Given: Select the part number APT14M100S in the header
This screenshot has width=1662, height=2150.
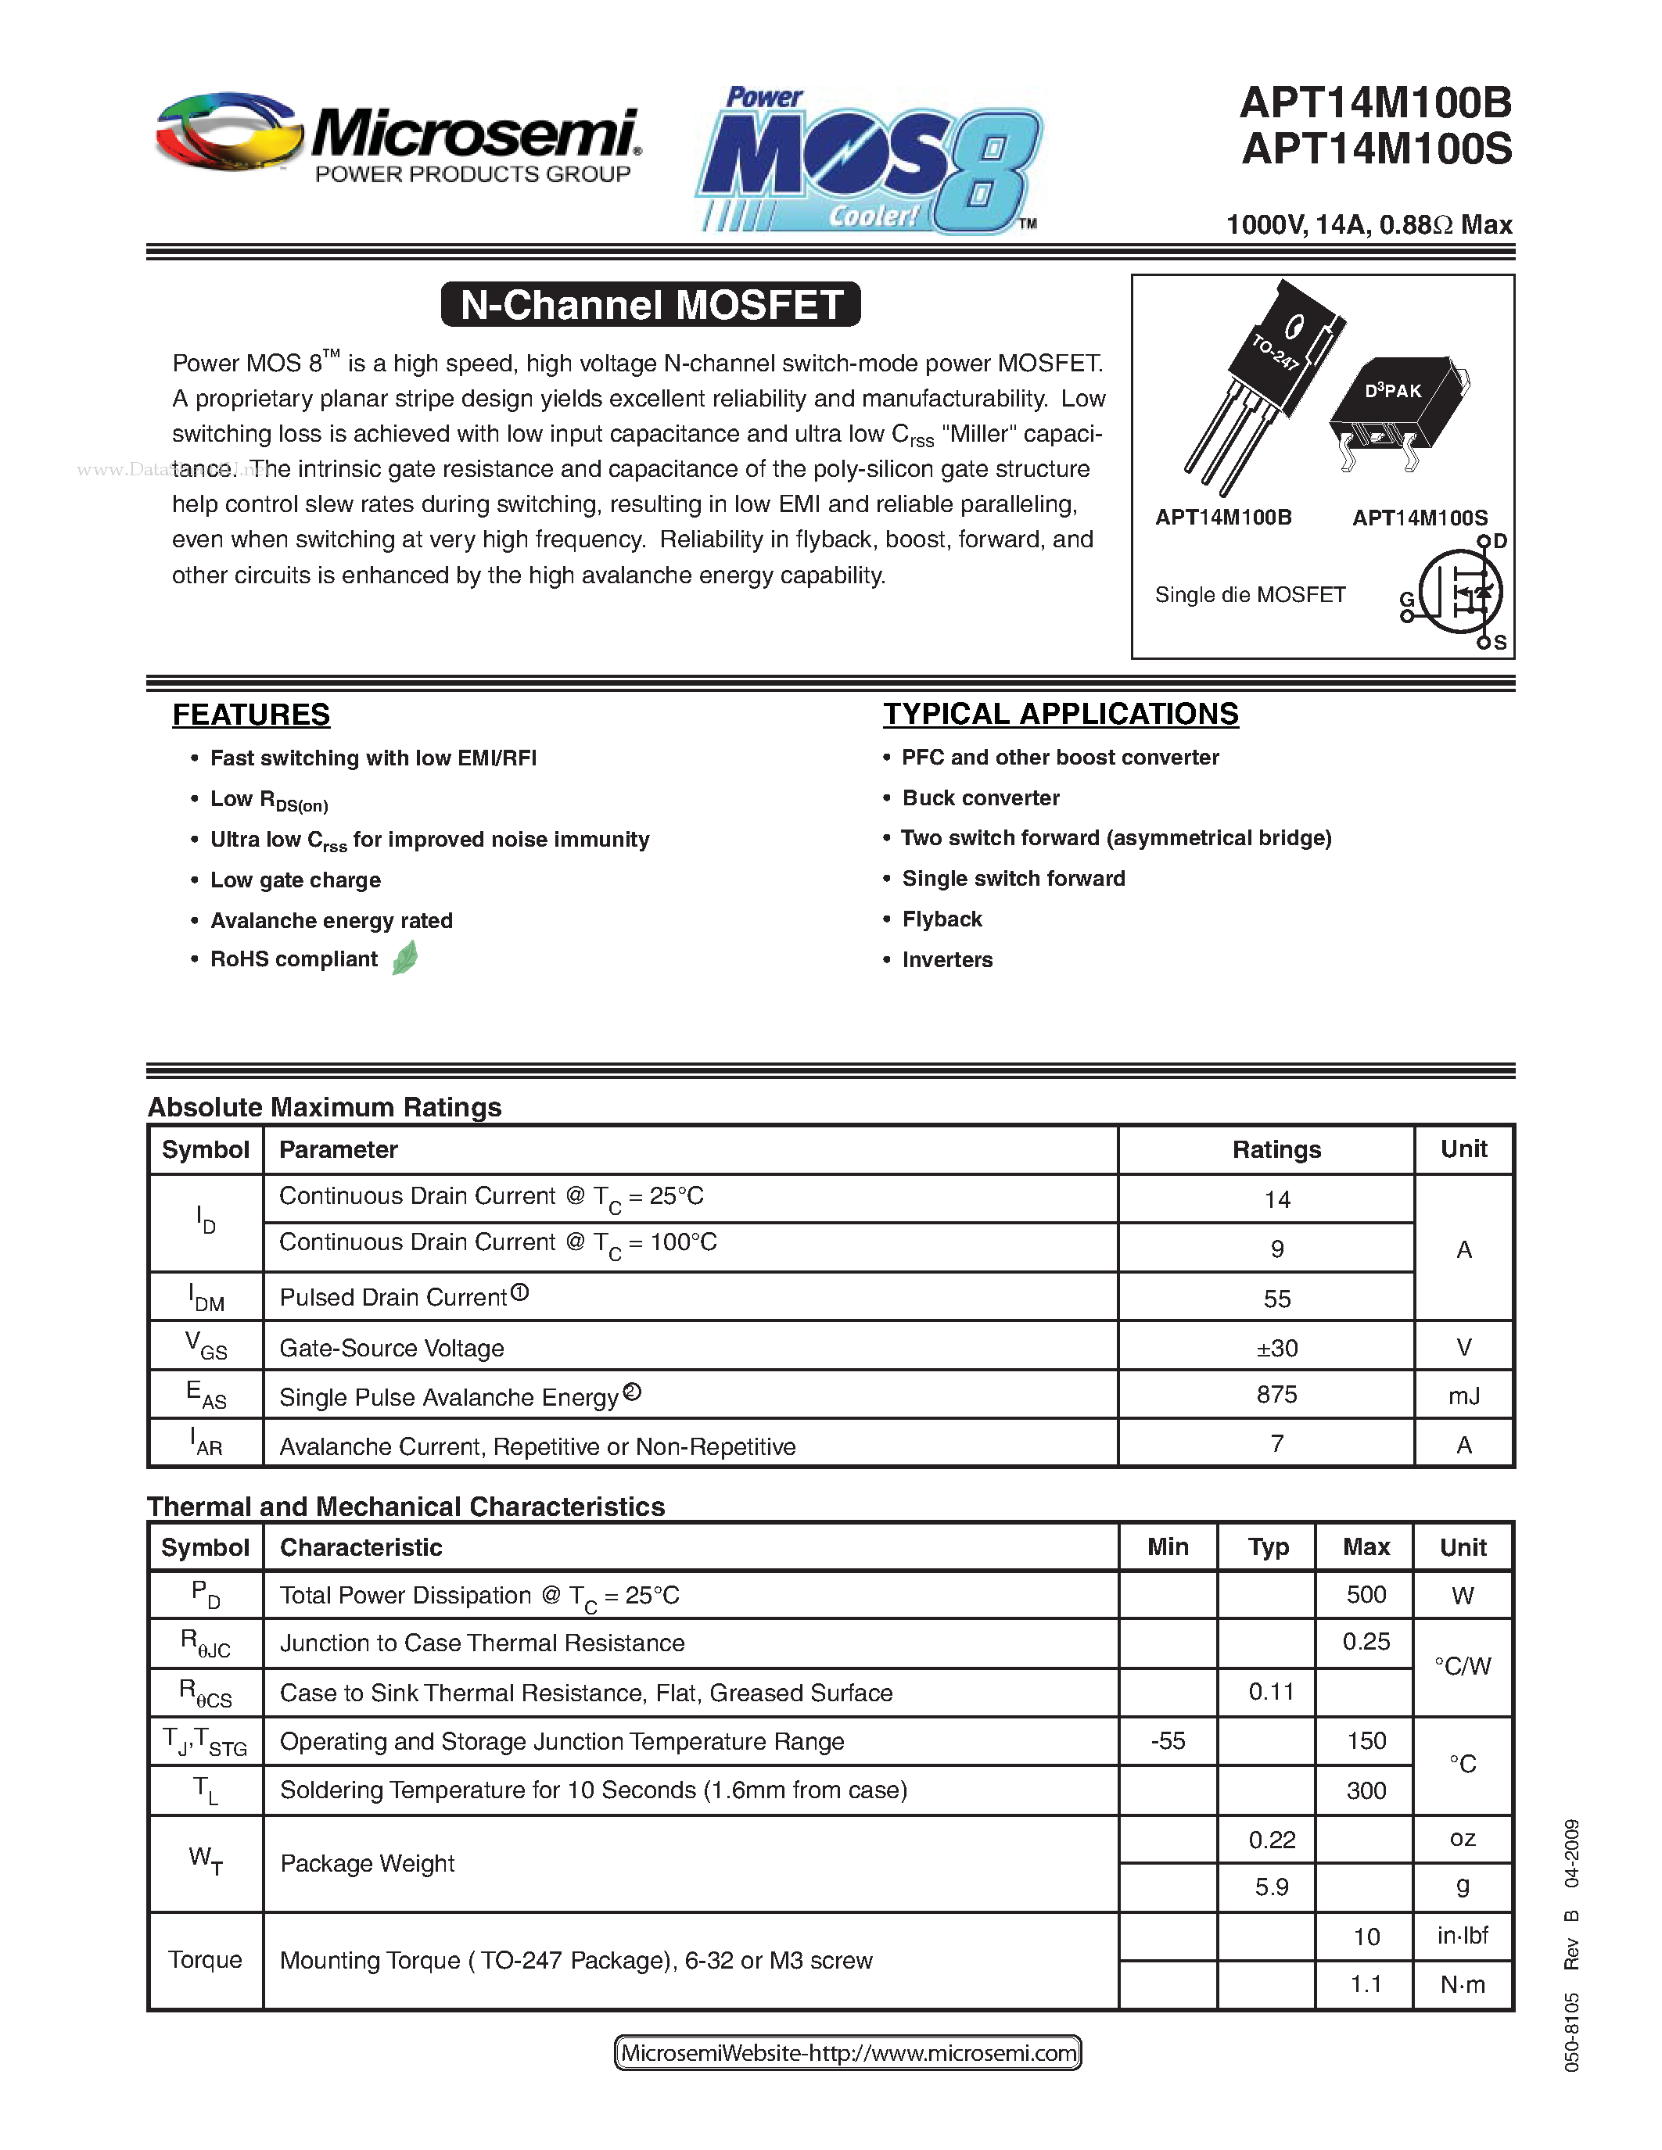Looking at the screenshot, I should point(1377,149).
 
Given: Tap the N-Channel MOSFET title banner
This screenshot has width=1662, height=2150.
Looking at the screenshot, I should point(651,304).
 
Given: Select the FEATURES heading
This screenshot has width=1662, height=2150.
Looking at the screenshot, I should point(251,715).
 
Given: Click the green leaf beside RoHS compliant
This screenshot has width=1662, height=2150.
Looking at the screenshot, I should point(404,958).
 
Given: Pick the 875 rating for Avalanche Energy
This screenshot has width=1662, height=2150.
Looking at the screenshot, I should point(1276,1395).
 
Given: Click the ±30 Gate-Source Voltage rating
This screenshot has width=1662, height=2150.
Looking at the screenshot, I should point(1276,1348).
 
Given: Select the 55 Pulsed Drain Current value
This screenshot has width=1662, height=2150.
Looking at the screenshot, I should point(1276,1299).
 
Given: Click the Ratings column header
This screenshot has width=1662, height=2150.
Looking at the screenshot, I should point(1276,1150).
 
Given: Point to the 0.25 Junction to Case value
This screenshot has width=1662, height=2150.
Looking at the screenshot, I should point(1366,1642).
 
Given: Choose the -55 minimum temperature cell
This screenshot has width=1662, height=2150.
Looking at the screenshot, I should point(1168,1740).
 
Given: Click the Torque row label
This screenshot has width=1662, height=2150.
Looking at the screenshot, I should point(205,1959).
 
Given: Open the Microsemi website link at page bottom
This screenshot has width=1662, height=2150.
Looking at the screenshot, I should point(848,2052).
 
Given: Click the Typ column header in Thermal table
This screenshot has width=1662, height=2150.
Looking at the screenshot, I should point(1268,1547).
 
